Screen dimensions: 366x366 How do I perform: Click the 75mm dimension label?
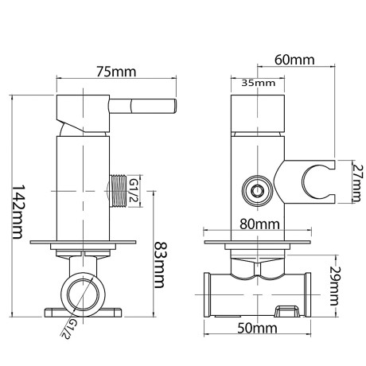coord(116,72)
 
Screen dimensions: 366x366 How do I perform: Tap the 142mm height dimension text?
coord(18,212)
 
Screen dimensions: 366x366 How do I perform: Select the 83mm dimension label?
coord(161,265)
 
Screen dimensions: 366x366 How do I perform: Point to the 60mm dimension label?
coord(294,60)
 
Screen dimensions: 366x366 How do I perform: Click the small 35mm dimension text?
coord(259,83)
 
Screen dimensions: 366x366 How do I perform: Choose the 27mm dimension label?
coord(356,183)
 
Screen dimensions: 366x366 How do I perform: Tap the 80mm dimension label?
coord(259,224)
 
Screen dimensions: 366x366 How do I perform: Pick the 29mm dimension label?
coord(335,286)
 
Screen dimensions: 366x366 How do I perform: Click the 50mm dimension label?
coord(257,329)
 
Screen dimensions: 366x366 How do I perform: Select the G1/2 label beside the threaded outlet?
coord(134,190)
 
